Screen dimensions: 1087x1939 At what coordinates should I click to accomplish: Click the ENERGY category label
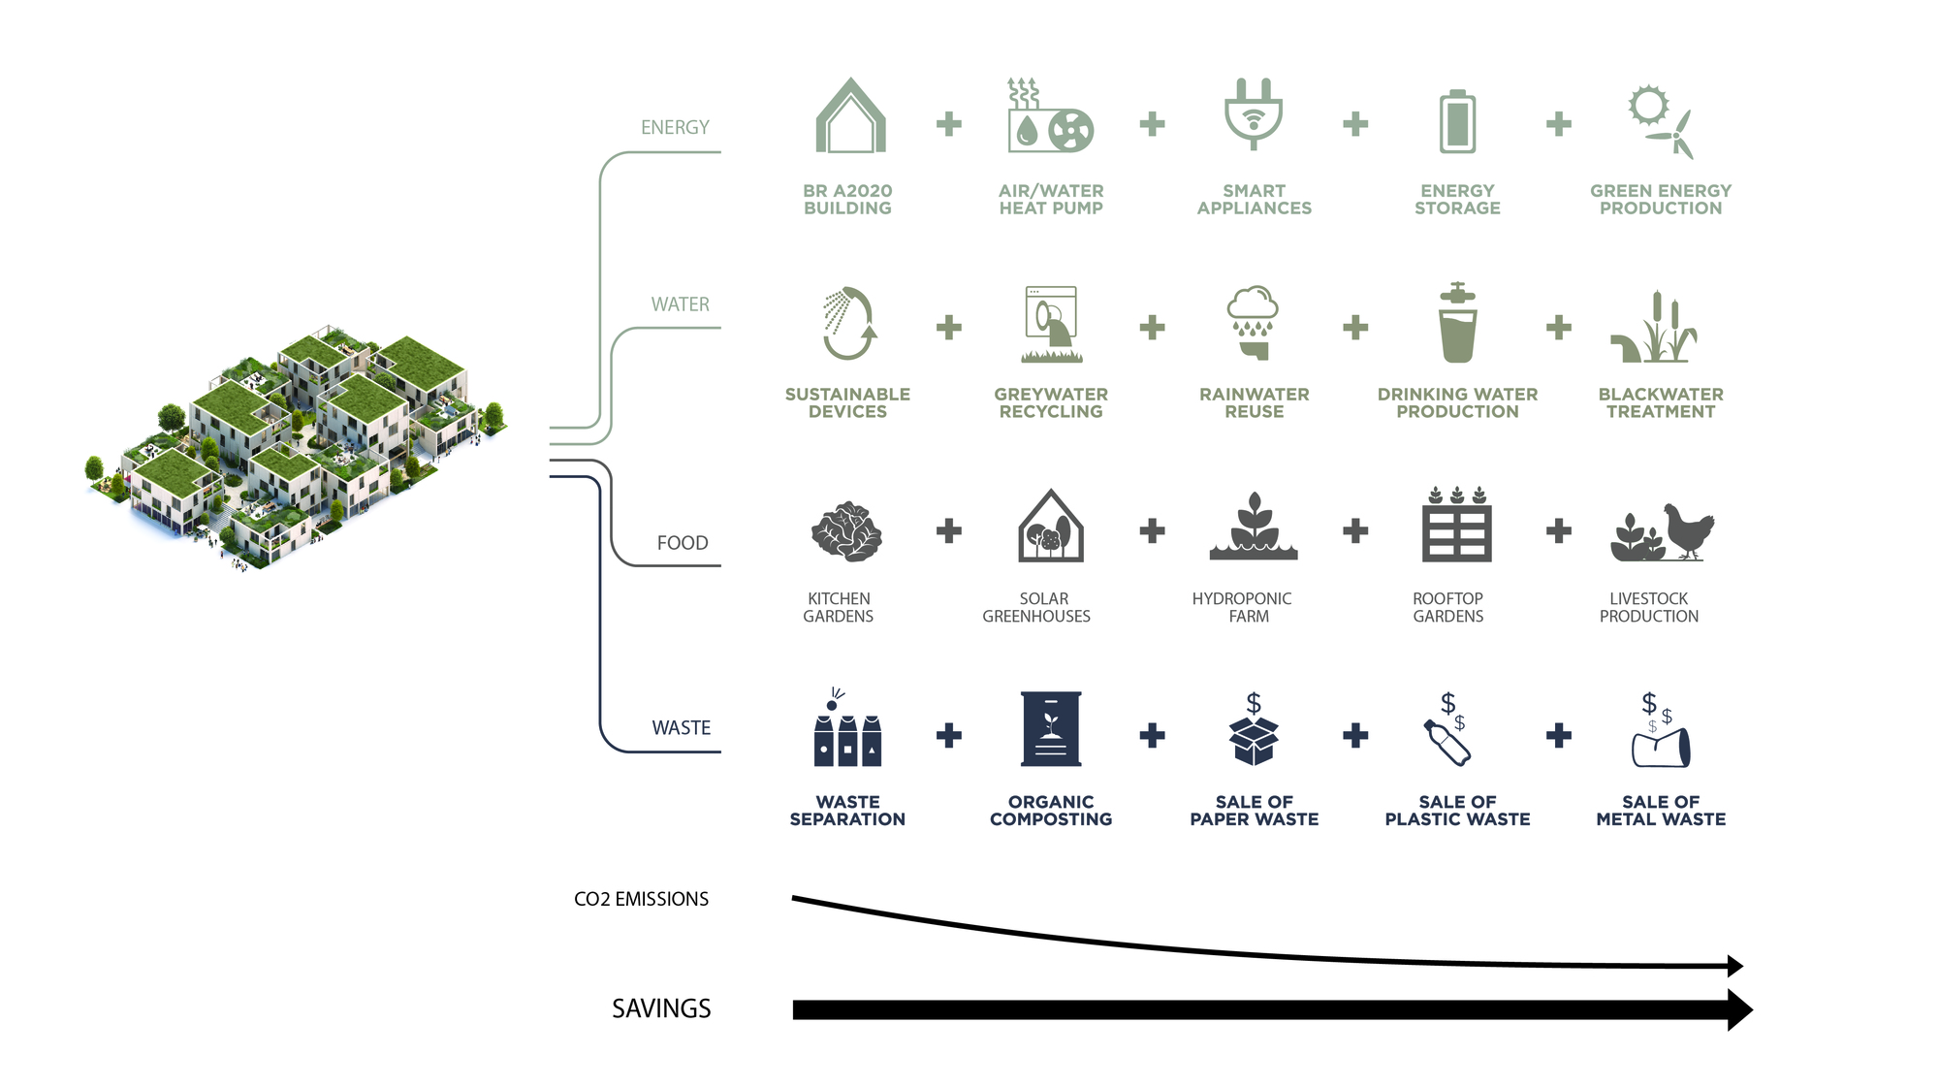[675, 128]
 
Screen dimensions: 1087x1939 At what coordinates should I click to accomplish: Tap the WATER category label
[680, 304]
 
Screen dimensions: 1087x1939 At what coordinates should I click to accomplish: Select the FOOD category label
[683, 543]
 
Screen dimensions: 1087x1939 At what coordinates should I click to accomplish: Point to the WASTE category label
[681, 728]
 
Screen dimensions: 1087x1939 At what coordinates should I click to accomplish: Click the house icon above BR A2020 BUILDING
[850, 118]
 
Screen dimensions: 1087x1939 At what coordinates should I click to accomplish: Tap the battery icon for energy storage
[1457, 122]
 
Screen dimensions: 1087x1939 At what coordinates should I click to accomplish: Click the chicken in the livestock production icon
[1688, 529]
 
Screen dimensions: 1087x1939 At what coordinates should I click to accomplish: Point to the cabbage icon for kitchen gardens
[846, 531]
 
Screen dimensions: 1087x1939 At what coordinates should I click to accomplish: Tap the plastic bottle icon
[1447, 743]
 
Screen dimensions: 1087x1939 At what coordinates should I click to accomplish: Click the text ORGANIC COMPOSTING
[1051, 811]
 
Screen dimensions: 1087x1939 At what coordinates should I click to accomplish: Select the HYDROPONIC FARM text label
[1242, 607]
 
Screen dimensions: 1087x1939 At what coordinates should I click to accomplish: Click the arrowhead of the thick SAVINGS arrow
[1739, 1009]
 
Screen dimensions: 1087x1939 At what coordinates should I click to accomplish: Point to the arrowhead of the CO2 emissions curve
[1735, 966]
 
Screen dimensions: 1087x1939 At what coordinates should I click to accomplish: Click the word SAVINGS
[661, 1009]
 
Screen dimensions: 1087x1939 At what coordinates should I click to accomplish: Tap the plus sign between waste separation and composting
[949, 735]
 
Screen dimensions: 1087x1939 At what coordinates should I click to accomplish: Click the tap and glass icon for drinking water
[1457, 324]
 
